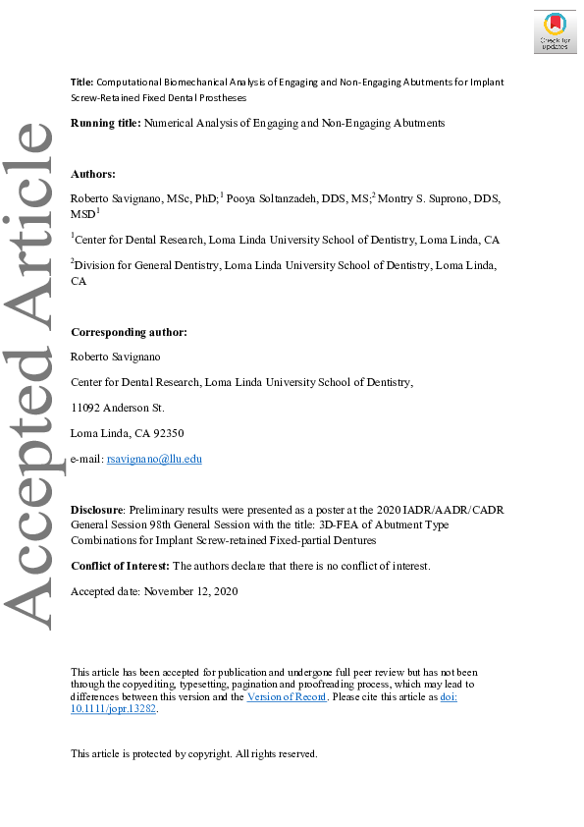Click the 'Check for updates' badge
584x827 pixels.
tap(555, 31)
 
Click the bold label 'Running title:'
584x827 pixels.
tap(106, 124)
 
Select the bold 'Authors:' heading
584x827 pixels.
tap(93, 173)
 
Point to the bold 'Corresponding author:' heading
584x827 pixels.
tap(129, 333)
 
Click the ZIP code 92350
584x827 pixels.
tap(167, 433)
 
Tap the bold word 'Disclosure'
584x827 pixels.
tap(97, 510)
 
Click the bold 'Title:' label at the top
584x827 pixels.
tap(82, 83)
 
